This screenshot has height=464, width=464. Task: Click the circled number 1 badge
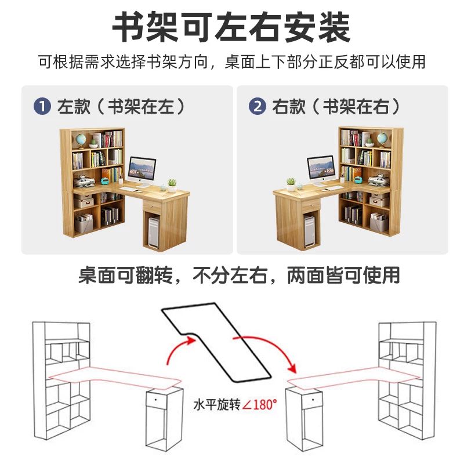click(42, 106)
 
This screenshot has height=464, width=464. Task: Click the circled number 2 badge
click(257, 106)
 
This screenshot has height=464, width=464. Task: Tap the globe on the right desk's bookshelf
click(382, 139)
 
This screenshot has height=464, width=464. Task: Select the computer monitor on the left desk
click(142, 172)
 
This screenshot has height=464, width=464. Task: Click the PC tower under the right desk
click(310, 231)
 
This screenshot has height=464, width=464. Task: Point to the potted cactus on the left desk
click(172, 186)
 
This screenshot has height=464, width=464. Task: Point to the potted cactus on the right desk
click(291, 184)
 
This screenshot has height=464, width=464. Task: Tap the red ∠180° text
click(259, 404)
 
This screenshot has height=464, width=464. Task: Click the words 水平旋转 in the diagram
click(216, 404)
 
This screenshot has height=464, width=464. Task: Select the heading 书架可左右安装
click(231, 27)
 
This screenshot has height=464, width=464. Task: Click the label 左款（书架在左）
click(121, 107)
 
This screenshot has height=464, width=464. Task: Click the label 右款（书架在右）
click(336, 107)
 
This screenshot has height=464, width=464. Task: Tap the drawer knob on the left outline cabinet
click(156, 400)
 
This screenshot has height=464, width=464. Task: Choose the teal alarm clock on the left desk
click(105, 180)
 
